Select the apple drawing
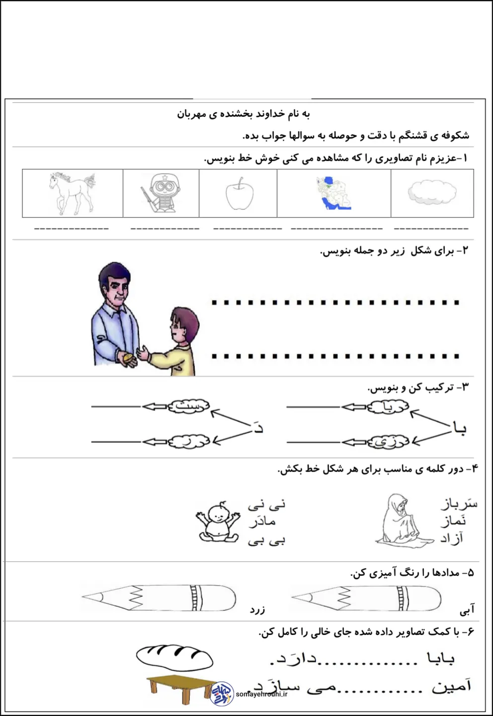(x=239, y=194)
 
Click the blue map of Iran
(x=334, y=193)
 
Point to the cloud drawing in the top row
(x=432, y=193)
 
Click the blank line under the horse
(x=72, y=229)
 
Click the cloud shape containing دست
(x=188, y=406)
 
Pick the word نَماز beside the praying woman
(x=453, y=521)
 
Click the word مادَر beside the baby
(x=263, y=522)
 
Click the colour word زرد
(x=257, y=609)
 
